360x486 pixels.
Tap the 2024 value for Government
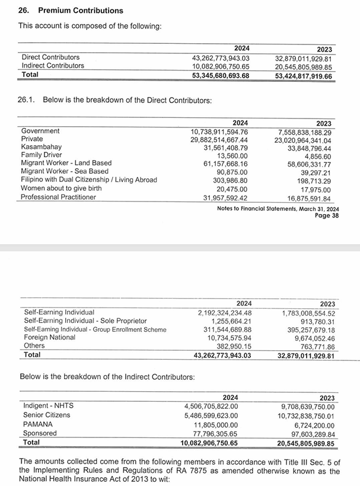219,131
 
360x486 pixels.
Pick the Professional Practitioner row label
58,197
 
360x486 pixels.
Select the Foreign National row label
49,337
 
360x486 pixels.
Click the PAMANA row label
38,424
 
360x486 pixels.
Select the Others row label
34,346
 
